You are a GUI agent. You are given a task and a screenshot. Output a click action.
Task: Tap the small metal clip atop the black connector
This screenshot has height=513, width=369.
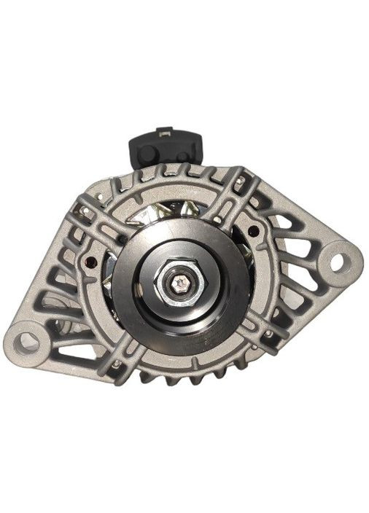[165, 132]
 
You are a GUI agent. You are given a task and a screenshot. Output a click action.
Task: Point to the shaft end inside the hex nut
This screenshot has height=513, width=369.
[179, 282]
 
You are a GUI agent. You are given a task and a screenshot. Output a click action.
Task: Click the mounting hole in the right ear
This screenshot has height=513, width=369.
[337, 260]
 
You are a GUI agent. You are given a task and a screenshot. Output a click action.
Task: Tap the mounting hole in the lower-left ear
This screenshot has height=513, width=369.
[28, 341]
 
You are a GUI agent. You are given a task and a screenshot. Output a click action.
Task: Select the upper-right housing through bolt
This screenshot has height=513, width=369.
[239, 179]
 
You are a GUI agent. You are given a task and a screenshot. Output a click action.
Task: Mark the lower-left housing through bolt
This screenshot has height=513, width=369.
[116, 364]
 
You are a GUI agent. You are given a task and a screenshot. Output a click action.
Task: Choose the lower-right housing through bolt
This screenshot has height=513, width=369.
[269, 333]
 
